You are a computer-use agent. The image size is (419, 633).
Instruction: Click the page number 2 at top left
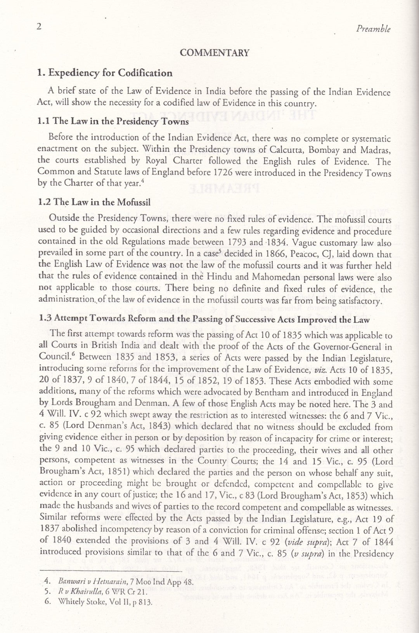click(39, 27)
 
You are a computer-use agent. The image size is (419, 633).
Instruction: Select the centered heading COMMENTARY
click(215, 53)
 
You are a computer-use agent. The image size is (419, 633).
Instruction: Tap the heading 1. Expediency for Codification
click(105, 73)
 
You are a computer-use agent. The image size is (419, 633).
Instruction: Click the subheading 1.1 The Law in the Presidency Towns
click(113, 121)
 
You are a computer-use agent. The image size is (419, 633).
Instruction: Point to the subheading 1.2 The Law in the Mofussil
click(94, 202)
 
